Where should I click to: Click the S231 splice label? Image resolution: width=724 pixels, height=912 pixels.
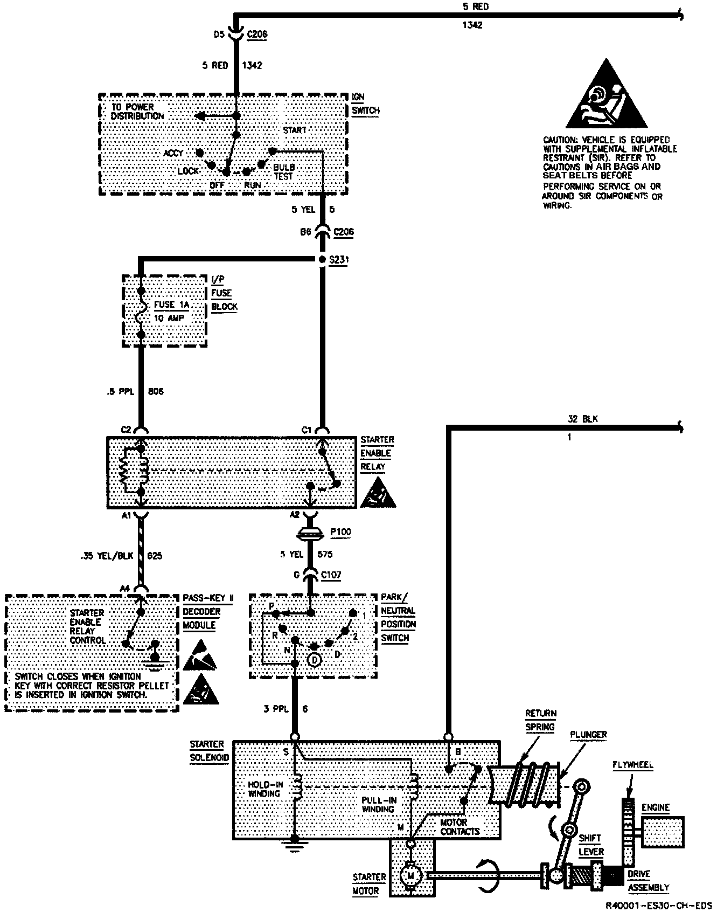(340, 260)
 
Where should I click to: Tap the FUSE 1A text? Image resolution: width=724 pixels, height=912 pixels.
(172, 305)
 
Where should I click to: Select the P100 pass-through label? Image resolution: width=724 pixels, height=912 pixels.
(340, 532)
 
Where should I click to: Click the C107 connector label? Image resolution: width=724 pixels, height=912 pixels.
(331, 575)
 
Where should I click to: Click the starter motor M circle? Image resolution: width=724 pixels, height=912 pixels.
(410, 876)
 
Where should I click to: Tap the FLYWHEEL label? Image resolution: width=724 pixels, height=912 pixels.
(632, 765)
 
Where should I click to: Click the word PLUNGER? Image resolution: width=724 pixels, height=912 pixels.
(589, 734)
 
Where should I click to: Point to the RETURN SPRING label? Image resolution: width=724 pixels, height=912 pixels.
(540, 720)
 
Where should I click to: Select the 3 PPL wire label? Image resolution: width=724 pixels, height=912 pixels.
(276, 709)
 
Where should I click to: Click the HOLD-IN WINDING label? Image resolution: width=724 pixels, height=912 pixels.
(266, 789)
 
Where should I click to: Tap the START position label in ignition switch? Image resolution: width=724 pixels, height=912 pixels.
(294, 130)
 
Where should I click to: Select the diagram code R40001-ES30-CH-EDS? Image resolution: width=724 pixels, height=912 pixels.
(666, 904)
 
